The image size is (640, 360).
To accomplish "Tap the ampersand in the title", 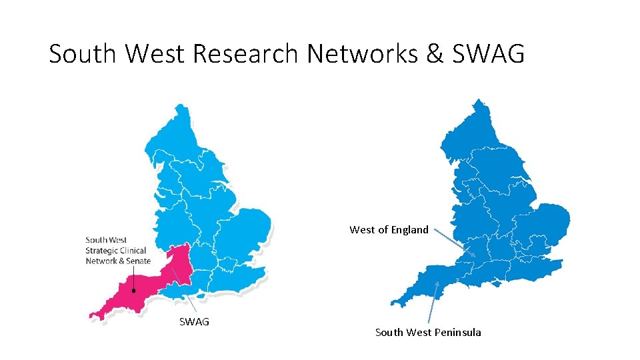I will [x=434, y=53].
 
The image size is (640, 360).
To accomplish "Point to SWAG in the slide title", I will [x=488, y=53].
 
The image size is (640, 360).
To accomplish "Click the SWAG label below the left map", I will [x=194, y=321].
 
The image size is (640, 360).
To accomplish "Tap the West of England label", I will [x=389, y=230].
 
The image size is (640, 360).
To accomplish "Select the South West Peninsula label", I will [x=428, y=332].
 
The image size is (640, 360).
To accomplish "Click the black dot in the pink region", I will [x=134, y=291].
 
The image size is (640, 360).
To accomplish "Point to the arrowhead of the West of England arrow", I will [x=474, y=255].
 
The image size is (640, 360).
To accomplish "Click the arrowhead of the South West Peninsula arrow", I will [x=438, y=283].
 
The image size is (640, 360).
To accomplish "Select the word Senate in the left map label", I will [x=138, y=261].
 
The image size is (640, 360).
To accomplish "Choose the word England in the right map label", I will [x=409, y=230].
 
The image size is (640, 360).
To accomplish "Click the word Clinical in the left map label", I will [x=133, y=251].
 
